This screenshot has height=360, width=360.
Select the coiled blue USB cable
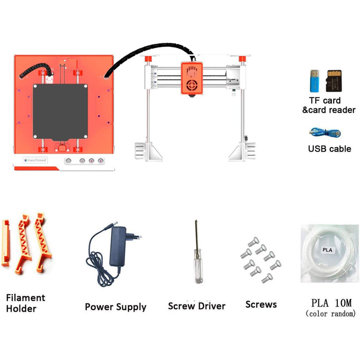pos(324,132)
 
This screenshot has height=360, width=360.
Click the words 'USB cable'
pos(329,149)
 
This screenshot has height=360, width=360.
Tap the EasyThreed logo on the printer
pos(35,160)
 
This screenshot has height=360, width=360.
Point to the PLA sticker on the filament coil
pos(327,250)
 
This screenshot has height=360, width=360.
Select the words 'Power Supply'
pos(116,307)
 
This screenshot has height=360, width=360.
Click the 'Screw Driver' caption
pos(196,306)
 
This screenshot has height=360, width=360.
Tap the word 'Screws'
pos(261,304)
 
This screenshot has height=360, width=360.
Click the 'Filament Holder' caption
pos(25,303)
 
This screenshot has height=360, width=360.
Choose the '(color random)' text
pos(330,314)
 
